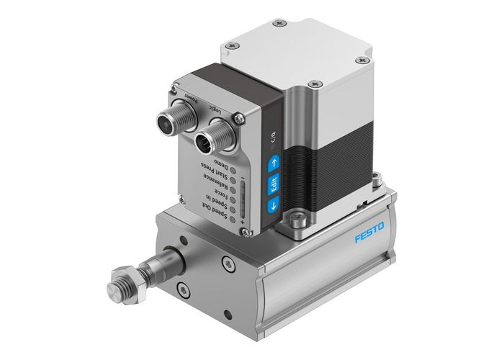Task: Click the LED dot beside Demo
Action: coord(233,170)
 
